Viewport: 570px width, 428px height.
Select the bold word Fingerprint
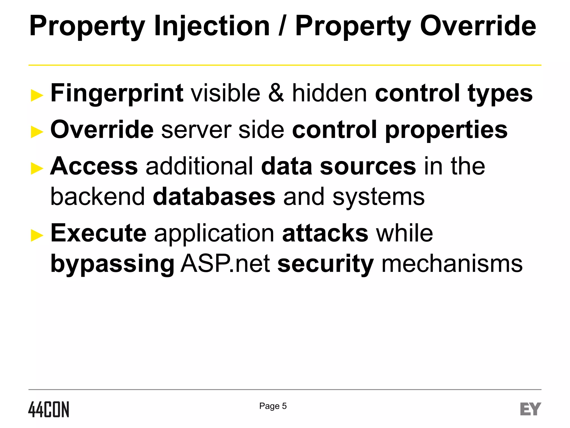(117, 93)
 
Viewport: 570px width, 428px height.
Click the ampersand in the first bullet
(276, 93)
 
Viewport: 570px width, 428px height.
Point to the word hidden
(329, 93)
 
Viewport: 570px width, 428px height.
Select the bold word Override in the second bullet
(102, 130)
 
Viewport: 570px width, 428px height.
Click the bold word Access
(94, 166)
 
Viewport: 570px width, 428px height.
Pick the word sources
(368, 166)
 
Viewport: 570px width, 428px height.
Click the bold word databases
(214, 197)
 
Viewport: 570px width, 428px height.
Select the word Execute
(98, 233)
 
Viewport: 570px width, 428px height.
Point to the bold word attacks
(325, 233)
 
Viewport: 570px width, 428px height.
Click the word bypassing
(112, 264)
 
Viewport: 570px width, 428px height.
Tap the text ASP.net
(225, 264)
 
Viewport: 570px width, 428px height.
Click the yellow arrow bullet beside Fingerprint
(37, 96)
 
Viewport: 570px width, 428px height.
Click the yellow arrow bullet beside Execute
(37, 235)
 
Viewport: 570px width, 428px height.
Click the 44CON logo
(49, 409)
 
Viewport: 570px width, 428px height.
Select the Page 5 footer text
(273, 406)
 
